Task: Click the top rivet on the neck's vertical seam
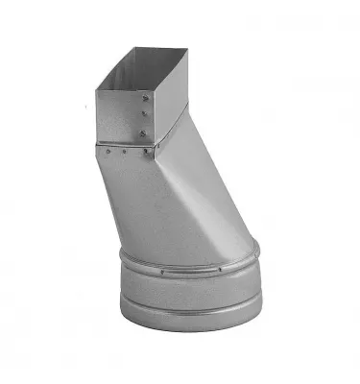pos(142,96)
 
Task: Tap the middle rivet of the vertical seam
pos(142,113)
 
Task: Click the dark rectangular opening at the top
pos(144,67)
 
